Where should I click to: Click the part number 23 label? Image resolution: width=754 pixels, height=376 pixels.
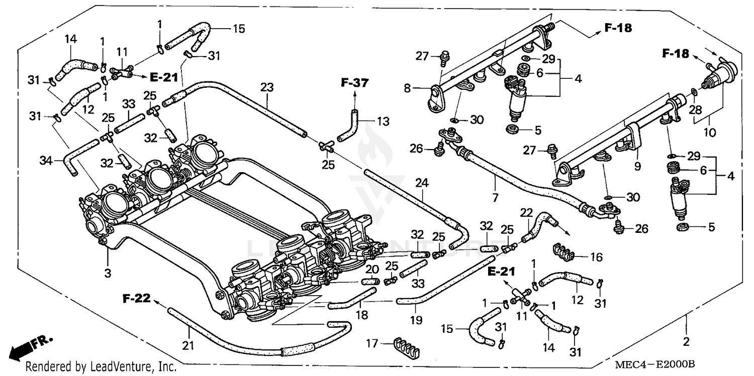(x=266, y=87)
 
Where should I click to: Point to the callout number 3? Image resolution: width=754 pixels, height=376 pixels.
(x=108, y=273)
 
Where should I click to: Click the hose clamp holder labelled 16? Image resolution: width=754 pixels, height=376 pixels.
(x=563, y=250)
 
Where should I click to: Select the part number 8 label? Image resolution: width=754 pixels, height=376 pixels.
(x=408, y=88)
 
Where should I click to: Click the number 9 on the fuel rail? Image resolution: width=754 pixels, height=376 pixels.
(x=637, y=165)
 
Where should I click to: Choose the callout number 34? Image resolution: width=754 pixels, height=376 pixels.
(x=46, y=160)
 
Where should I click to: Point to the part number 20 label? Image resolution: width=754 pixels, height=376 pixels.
(x=371, y=269)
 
